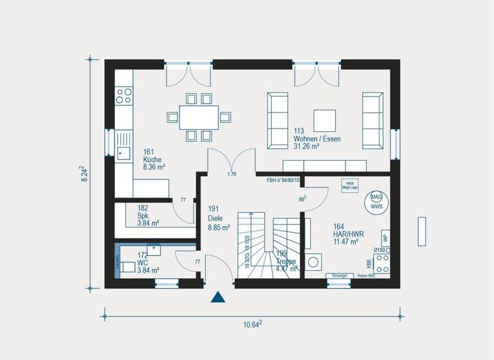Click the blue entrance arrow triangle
(219, 296)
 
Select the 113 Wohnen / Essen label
(316, 139)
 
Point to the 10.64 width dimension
(252, 325)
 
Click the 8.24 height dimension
(84, 174)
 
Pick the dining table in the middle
(198, 117)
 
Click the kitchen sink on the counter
(123, 152)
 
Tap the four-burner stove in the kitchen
(123, 96)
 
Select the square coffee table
(324, 120)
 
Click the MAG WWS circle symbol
(375, 202)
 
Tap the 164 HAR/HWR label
(347, 234)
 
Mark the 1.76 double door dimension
(232, 174)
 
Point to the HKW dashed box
(350, 185)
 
